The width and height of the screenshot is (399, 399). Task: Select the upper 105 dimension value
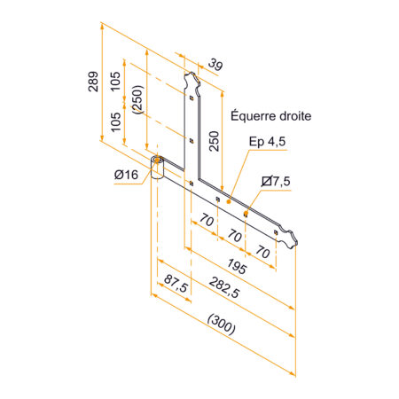pos(115,81)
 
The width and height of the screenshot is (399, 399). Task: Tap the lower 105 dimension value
pos(115,121)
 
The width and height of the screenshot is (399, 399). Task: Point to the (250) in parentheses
pos(136,100)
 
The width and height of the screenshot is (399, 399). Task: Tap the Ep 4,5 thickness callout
pos(268,141)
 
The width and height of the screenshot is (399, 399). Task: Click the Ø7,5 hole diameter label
pos(278,181)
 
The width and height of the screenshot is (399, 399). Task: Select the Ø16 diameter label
pos(126,175)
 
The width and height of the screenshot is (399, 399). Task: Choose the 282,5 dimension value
pos(225,293)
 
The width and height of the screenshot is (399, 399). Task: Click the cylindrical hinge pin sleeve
pos(158,168)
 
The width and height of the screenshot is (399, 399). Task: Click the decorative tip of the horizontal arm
pos(290,238)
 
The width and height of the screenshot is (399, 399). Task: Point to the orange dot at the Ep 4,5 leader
pos(230,202)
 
